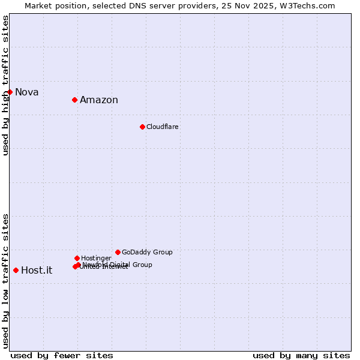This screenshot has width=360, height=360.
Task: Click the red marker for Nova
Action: pyautogui.click(x=10, y=92)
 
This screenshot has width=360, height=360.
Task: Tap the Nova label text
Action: pyautogui.click(x=27, y=92)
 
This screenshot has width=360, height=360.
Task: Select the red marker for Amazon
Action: pyautogui.click(x=74, y=100)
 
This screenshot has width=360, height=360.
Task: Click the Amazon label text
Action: pyautogui.click(x=99, y=100)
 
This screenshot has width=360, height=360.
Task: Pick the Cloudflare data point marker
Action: pyautogui.click(x=142, y=127)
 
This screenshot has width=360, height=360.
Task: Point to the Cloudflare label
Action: pyautogui.click(x=163, y=127)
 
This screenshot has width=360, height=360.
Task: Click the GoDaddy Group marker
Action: pyautogui.click(x=118, y=252)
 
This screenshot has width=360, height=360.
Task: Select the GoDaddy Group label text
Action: pyautogui.click(x=147, y=253)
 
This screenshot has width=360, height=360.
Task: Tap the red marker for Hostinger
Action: pyautogui.click(x=77, y=258)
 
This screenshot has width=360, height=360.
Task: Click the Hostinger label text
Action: pyautogui.click(x=96, y=259)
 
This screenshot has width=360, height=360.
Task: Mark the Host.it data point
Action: pyautogui.click(x=16, y=270)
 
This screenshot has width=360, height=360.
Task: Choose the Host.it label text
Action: pyautogui.click(x=37, y=271)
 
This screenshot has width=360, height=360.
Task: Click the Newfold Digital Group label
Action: pyautogui.click(x=118, y=265)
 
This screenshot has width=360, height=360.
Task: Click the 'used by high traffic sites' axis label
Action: pyautogui.click(x=6, y=85)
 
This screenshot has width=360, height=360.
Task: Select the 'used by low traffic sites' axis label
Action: pyautogui.click(x=6, y=280)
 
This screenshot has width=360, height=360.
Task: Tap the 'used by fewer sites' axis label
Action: pyautogui.click(x=62, y=356)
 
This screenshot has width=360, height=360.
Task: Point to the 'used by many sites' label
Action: pyautogui.click(x=301, y=356)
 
